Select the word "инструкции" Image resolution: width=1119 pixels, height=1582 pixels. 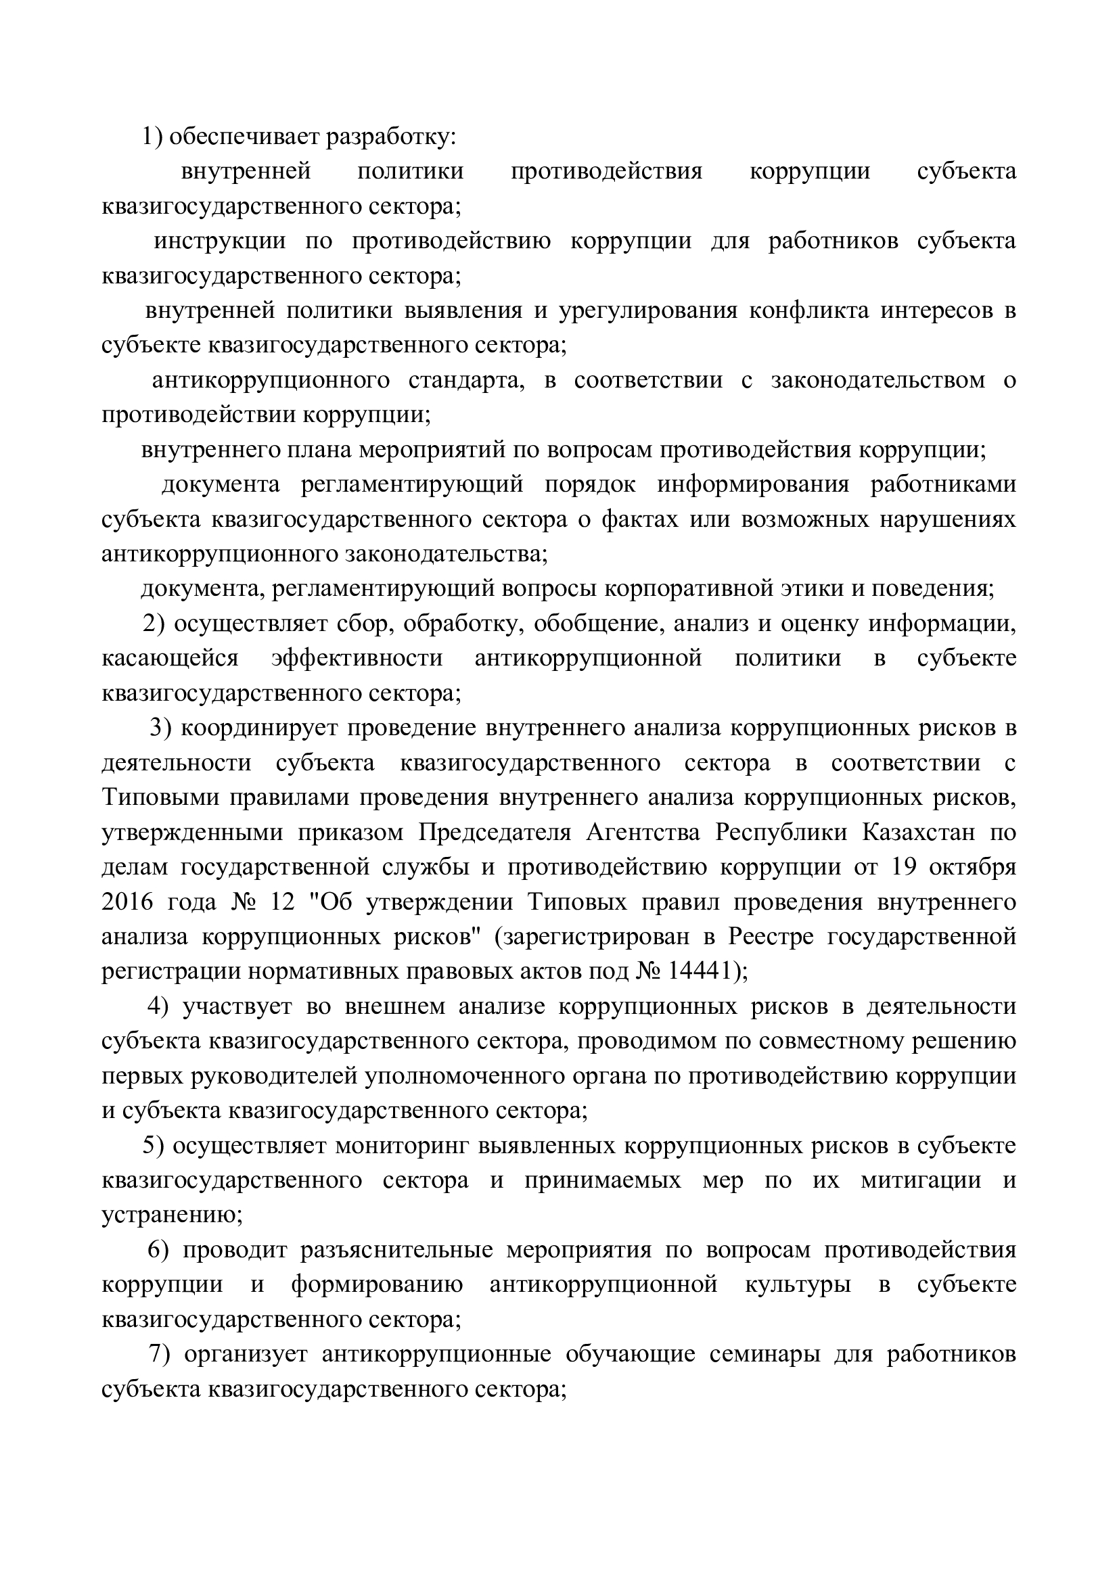pos(219,241)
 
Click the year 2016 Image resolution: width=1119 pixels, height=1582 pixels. pos(127,902)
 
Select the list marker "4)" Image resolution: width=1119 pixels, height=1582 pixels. pos(158,1006)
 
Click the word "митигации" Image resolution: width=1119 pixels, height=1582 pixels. pos(921,1180)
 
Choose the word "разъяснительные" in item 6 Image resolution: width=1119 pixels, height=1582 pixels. pos(396,1250)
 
